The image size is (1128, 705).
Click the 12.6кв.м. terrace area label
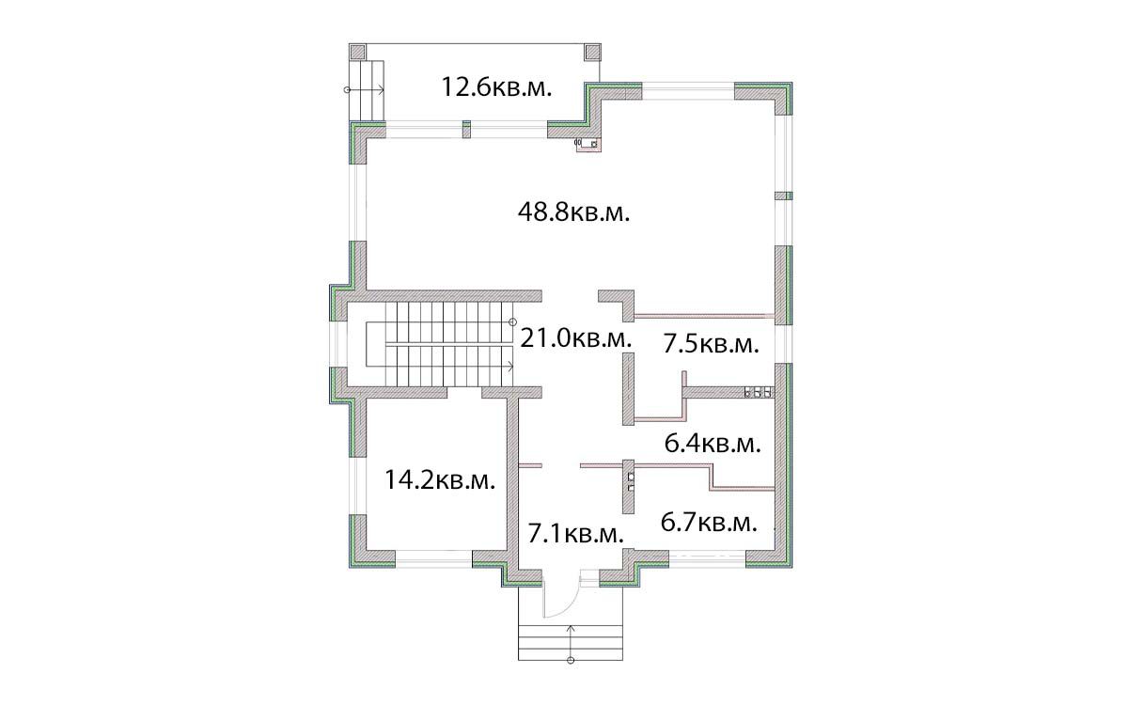496,87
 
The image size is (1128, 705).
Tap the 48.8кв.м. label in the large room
574,212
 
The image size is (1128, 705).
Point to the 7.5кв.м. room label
711,345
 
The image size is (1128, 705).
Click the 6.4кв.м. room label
713,444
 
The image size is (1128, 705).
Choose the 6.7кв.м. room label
709,523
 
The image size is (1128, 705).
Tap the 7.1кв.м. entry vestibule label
576,534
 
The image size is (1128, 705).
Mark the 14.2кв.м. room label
440,479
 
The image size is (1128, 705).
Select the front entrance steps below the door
571,643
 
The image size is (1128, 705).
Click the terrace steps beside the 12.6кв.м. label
367,90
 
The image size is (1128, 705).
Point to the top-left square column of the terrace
357,53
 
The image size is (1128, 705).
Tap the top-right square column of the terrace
592,53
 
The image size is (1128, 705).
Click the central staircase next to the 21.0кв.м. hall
439,344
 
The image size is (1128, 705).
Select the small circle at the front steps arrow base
571,660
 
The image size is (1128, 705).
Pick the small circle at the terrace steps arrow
347,90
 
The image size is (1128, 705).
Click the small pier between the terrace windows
467,130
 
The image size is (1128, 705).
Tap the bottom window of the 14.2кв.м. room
433,558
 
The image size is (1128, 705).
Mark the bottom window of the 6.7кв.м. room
707,558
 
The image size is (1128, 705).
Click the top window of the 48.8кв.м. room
688,92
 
